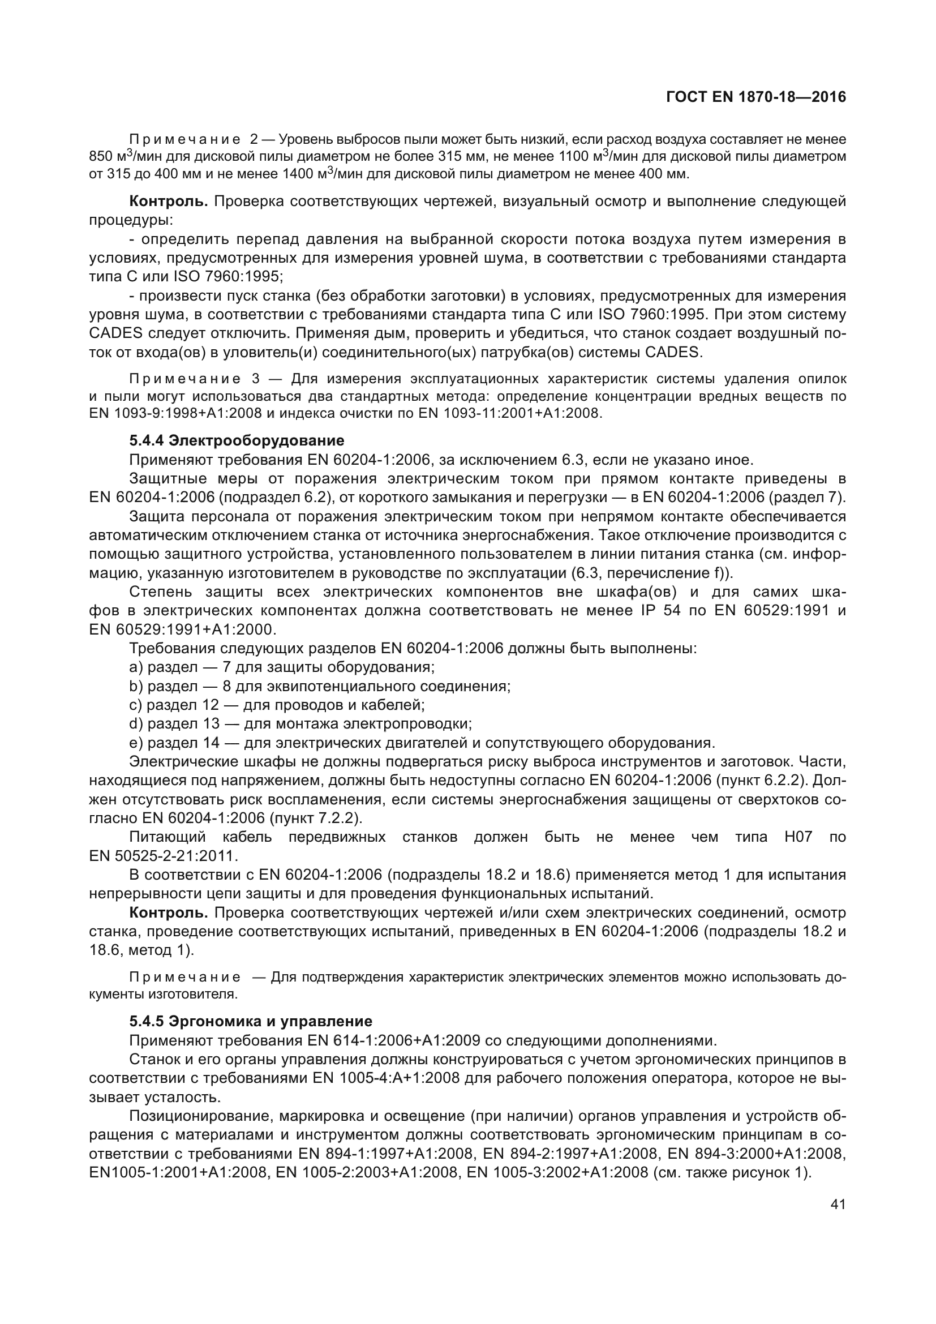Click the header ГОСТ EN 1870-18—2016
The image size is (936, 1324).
click(755, 97)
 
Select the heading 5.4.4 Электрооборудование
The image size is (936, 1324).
click(237, 440)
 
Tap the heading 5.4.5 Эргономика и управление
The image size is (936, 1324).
click(250, 1038)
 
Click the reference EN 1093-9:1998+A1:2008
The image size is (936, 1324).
click(175, 413)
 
